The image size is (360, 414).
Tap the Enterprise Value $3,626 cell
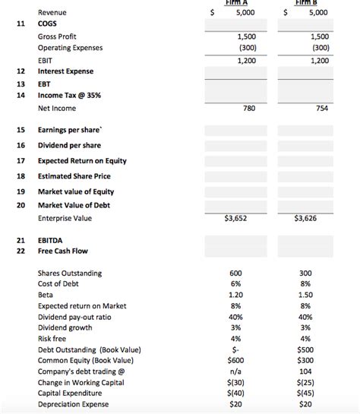click(x=314, y=218)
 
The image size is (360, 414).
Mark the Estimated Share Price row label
click(x=75, y=175)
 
